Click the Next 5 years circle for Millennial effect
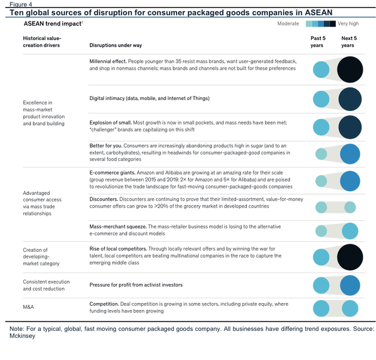click(x=350, y=70)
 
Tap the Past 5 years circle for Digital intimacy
click(x=321, y=99)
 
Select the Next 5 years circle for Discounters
click(x=350, y=208)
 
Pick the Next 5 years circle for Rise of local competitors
click(x=350, y=257)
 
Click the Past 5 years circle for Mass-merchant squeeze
click(x=321, y=231)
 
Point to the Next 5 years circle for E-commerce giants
click(x=350, y=181)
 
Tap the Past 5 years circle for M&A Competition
click(x=321, y=308)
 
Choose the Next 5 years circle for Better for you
click(x=350, y=154)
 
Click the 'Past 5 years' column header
click(x=318, y=42)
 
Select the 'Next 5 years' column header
click(x=349, y=42)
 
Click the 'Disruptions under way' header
click(x=116, y=45)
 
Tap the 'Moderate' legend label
click(x=288, y=23)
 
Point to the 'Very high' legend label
click(x=348, y=23)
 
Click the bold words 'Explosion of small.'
click(x=110, y=123)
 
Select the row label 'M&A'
click(x=28, y=307)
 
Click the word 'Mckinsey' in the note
click(x=22, y=336)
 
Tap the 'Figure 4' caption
click(x=20, y=4)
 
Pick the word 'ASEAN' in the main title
click(x=318, y=12)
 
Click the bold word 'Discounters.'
click(x=103, y=199)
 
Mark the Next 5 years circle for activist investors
click(x=350, y=286)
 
